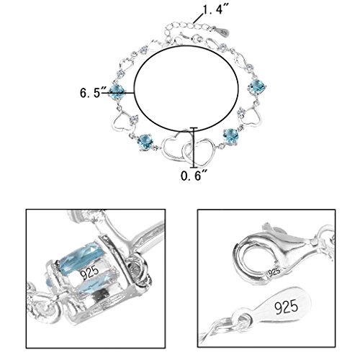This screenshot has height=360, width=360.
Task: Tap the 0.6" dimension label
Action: pos(194,176)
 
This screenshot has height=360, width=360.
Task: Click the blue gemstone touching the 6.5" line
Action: pos(117,91)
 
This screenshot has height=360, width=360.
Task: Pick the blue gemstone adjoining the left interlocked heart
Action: pos(145,142)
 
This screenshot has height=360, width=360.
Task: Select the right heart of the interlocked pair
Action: pos(199,152)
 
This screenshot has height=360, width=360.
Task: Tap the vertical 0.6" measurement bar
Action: pos(194,148)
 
